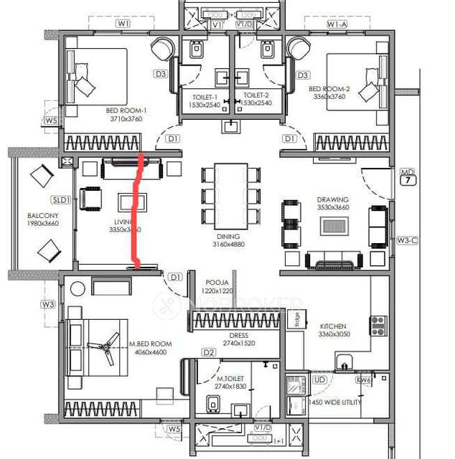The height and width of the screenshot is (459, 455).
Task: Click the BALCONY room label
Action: pyautogui.click(x=38, y=214)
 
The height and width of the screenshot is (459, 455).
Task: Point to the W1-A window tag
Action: pyautogui.click(x=337, y=24)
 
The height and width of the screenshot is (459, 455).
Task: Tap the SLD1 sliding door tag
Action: pyautogui.click(x=61, y=200)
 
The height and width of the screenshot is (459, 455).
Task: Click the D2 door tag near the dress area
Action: pyautogui.click(x=209, y=352)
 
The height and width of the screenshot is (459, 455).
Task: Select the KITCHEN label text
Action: pyautogui.click(x=332, y=326)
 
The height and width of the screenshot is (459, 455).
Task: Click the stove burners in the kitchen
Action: pyautogui.click(x=377, y=325)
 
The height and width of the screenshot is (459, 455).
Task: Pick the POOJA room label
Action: pyautogui.click(x=217, y=283)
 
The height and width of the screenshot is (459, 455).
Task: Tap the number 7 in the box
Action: pyautogui.click(x=407, y=182)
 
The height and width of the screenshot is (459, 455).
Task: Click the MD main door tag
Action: pyautogui.click(x=407, y=172)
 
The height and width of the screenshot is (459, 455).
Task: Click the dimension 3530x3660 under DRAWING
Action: pyautogui.click(x=332, y=208)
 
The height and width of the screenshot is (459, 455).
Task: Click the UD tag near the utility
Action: pyautogui.click(x=319, y=379)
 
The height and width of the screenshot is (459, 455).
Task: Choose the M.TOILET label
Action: pyautogui.click(x=229, y=378)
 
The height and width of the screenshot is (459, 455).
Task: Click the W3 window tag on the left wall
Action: pyautogui.click(x=48, y=305)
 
